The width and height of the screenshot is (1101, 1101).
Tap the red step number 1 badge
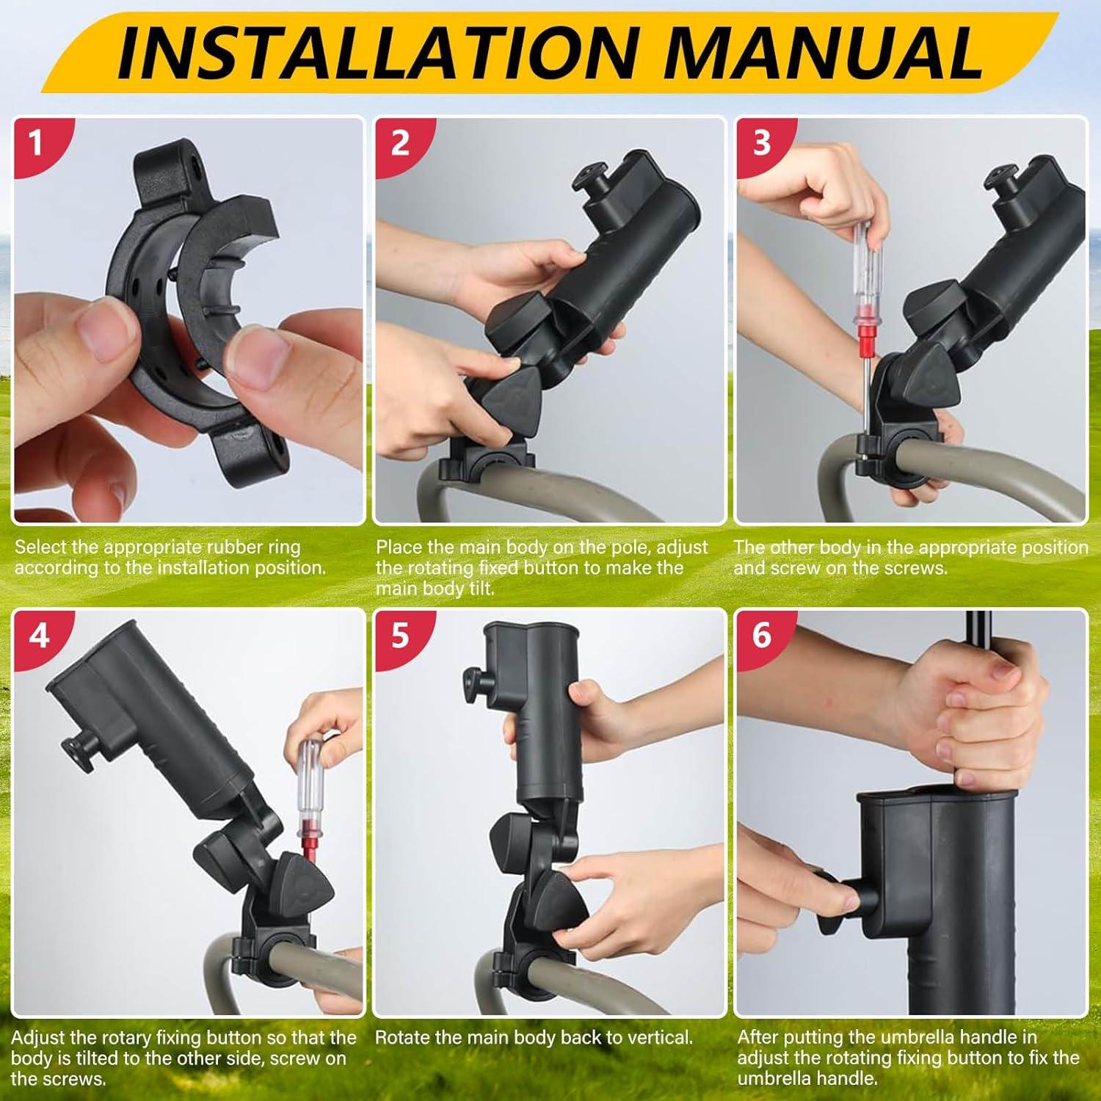(x=35, y=142)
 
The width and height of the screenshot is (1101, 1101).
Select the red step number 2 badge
(x=399, y=142)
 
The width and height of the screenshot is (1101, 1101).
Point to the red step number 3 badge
(x=761, y=142)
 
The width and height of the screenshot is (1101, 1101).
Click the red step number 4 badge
(x=38, y=634)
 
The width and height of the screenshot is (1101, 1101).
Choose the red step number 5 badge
(x=399, y=634)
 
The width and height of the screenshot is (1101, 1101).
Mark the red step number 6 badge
(x=761, y=634)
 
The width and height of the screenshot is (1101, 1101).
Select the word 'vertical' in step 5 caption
(x=655, y=1038)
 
